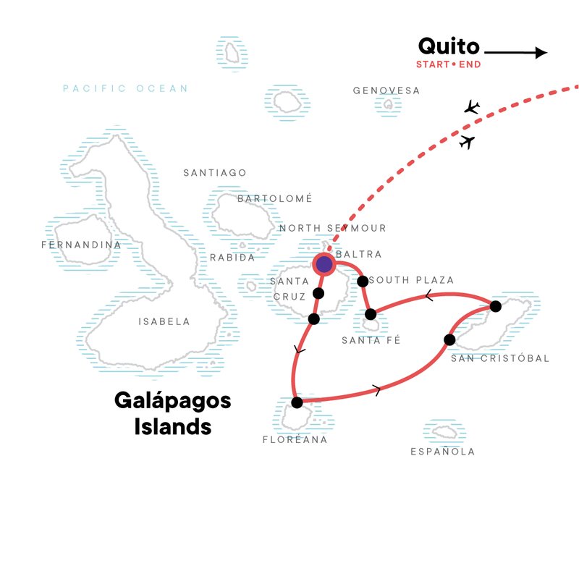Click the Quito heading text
click(449, 47)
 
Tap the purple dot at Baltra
click(324, 265)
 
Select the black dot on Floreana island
click(296, 402)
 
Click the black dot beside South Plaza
click(363, 281)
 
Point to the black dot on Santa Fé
click(371, 314)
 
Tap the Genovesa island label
click(386, 91)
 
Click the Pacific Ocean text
click(125, 89)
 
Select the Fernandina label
click(82, 245)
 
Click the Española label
click(442, 452)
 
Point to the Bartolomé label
click(274, 198)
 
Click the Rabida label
click(232, 258)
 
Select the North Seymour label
click(333, 229)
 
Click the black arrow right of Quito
click(516, 52)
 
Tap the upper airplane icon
click(472, 108)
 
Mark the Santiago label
click(215, 173)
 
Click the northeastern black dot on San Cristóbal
click(495, 306)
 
